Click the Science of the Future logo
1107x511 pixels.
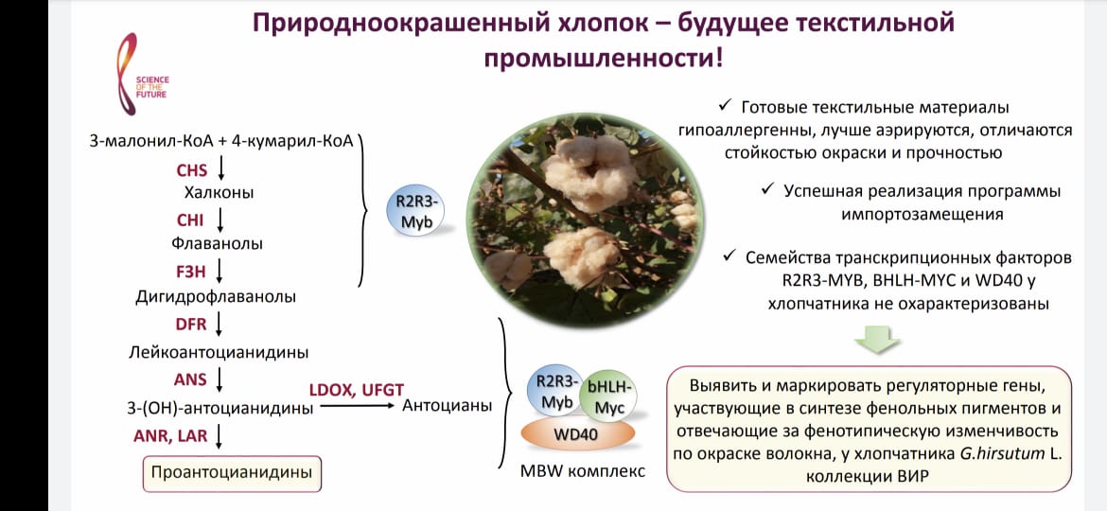coord(144,74)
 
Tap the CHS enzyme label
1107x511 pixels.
coord(192,169)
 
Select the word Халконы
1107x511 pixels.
coord(219,193)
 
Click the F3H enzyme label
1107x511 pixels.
coord(190,270)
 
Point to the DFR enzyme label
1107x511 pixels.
coord(190,324)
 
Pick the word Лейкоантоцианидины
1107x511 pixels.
coord(219,351)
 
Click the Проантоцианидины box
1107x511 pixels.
coord(232,473)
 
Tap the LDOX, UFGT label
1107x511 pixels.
coord(357,389)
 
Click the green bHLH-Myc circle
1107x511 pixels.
coord(607,396)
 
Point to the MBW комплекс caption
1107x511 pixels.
coord(583,470)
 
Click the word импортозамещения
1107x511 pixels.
coord(922,215)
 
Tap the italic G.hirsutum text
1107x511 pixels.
coord(1002,454)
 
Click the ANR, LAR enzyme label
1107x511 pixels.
coord(171,435)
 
